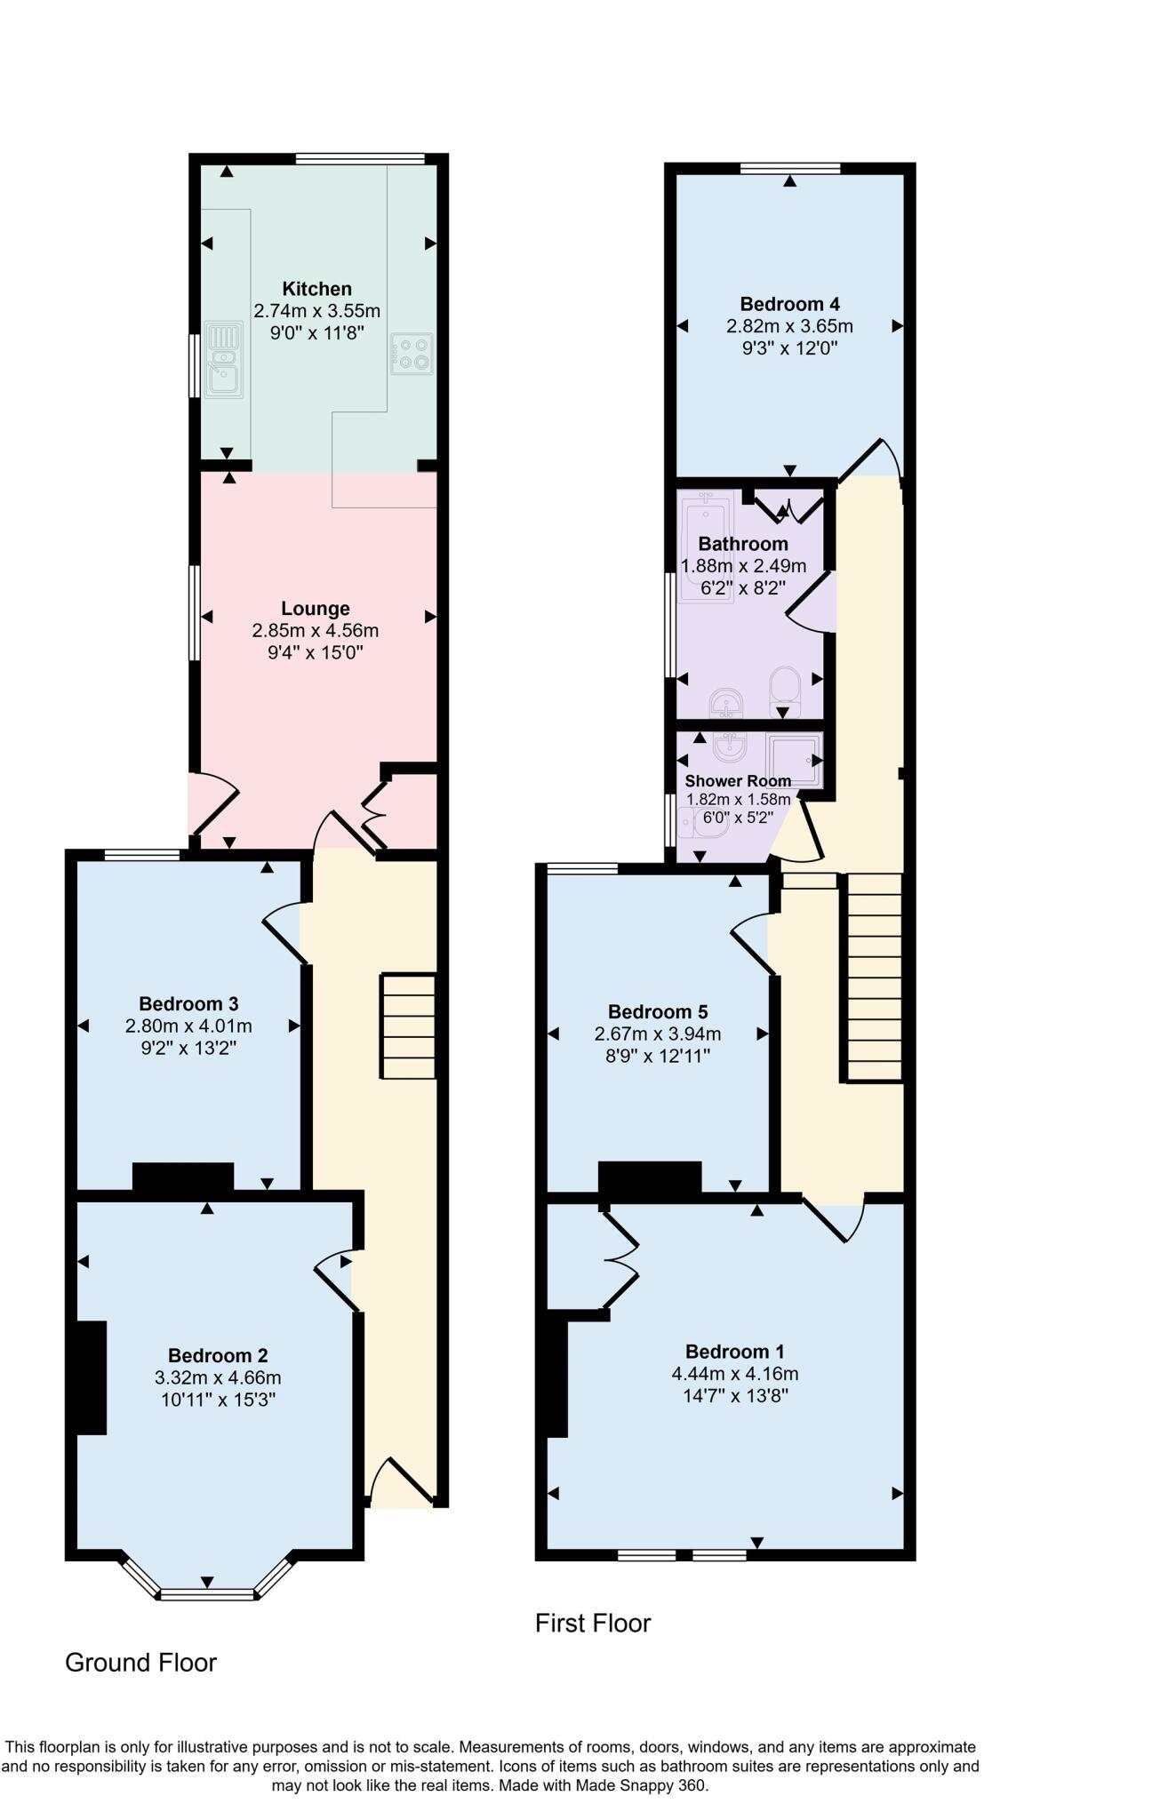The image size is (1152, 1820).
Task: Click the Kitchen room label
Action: [x=316, y=289]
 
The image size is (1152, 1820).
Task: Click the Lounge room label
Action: [x=315, y=609]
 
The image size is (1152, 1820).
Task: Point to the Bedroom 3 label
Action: [x=188, y=1004]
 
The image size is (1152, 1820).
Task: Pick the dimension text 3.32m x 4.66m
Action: [x=218, y=1378]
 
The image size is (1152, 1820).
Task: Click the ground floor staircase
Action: [x=409, y=1026]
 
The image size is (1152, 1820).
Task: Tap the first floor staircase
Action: [x=872, y=977]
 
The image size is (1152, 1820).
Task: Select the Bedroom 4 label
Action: [x=789, y=304]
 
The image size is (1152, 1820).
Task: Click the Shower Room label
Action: [x=738, y=781]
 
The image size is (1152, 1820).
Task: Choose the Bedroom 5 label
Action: [x=658, y=1012]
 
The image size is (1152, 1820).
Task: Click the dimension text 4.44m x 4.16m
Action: [x=735, y=1374]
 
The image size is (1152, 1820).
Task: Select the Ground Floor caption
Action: [x=140, y=1663]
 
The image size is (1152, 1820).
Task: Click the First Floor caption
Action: [x=593, y=1624]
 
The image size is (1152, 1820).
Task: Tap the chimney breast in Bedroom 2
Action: [x=91, y=1377]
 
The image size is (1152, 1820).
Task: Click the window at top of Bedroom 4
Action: [x=790, y=167]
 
